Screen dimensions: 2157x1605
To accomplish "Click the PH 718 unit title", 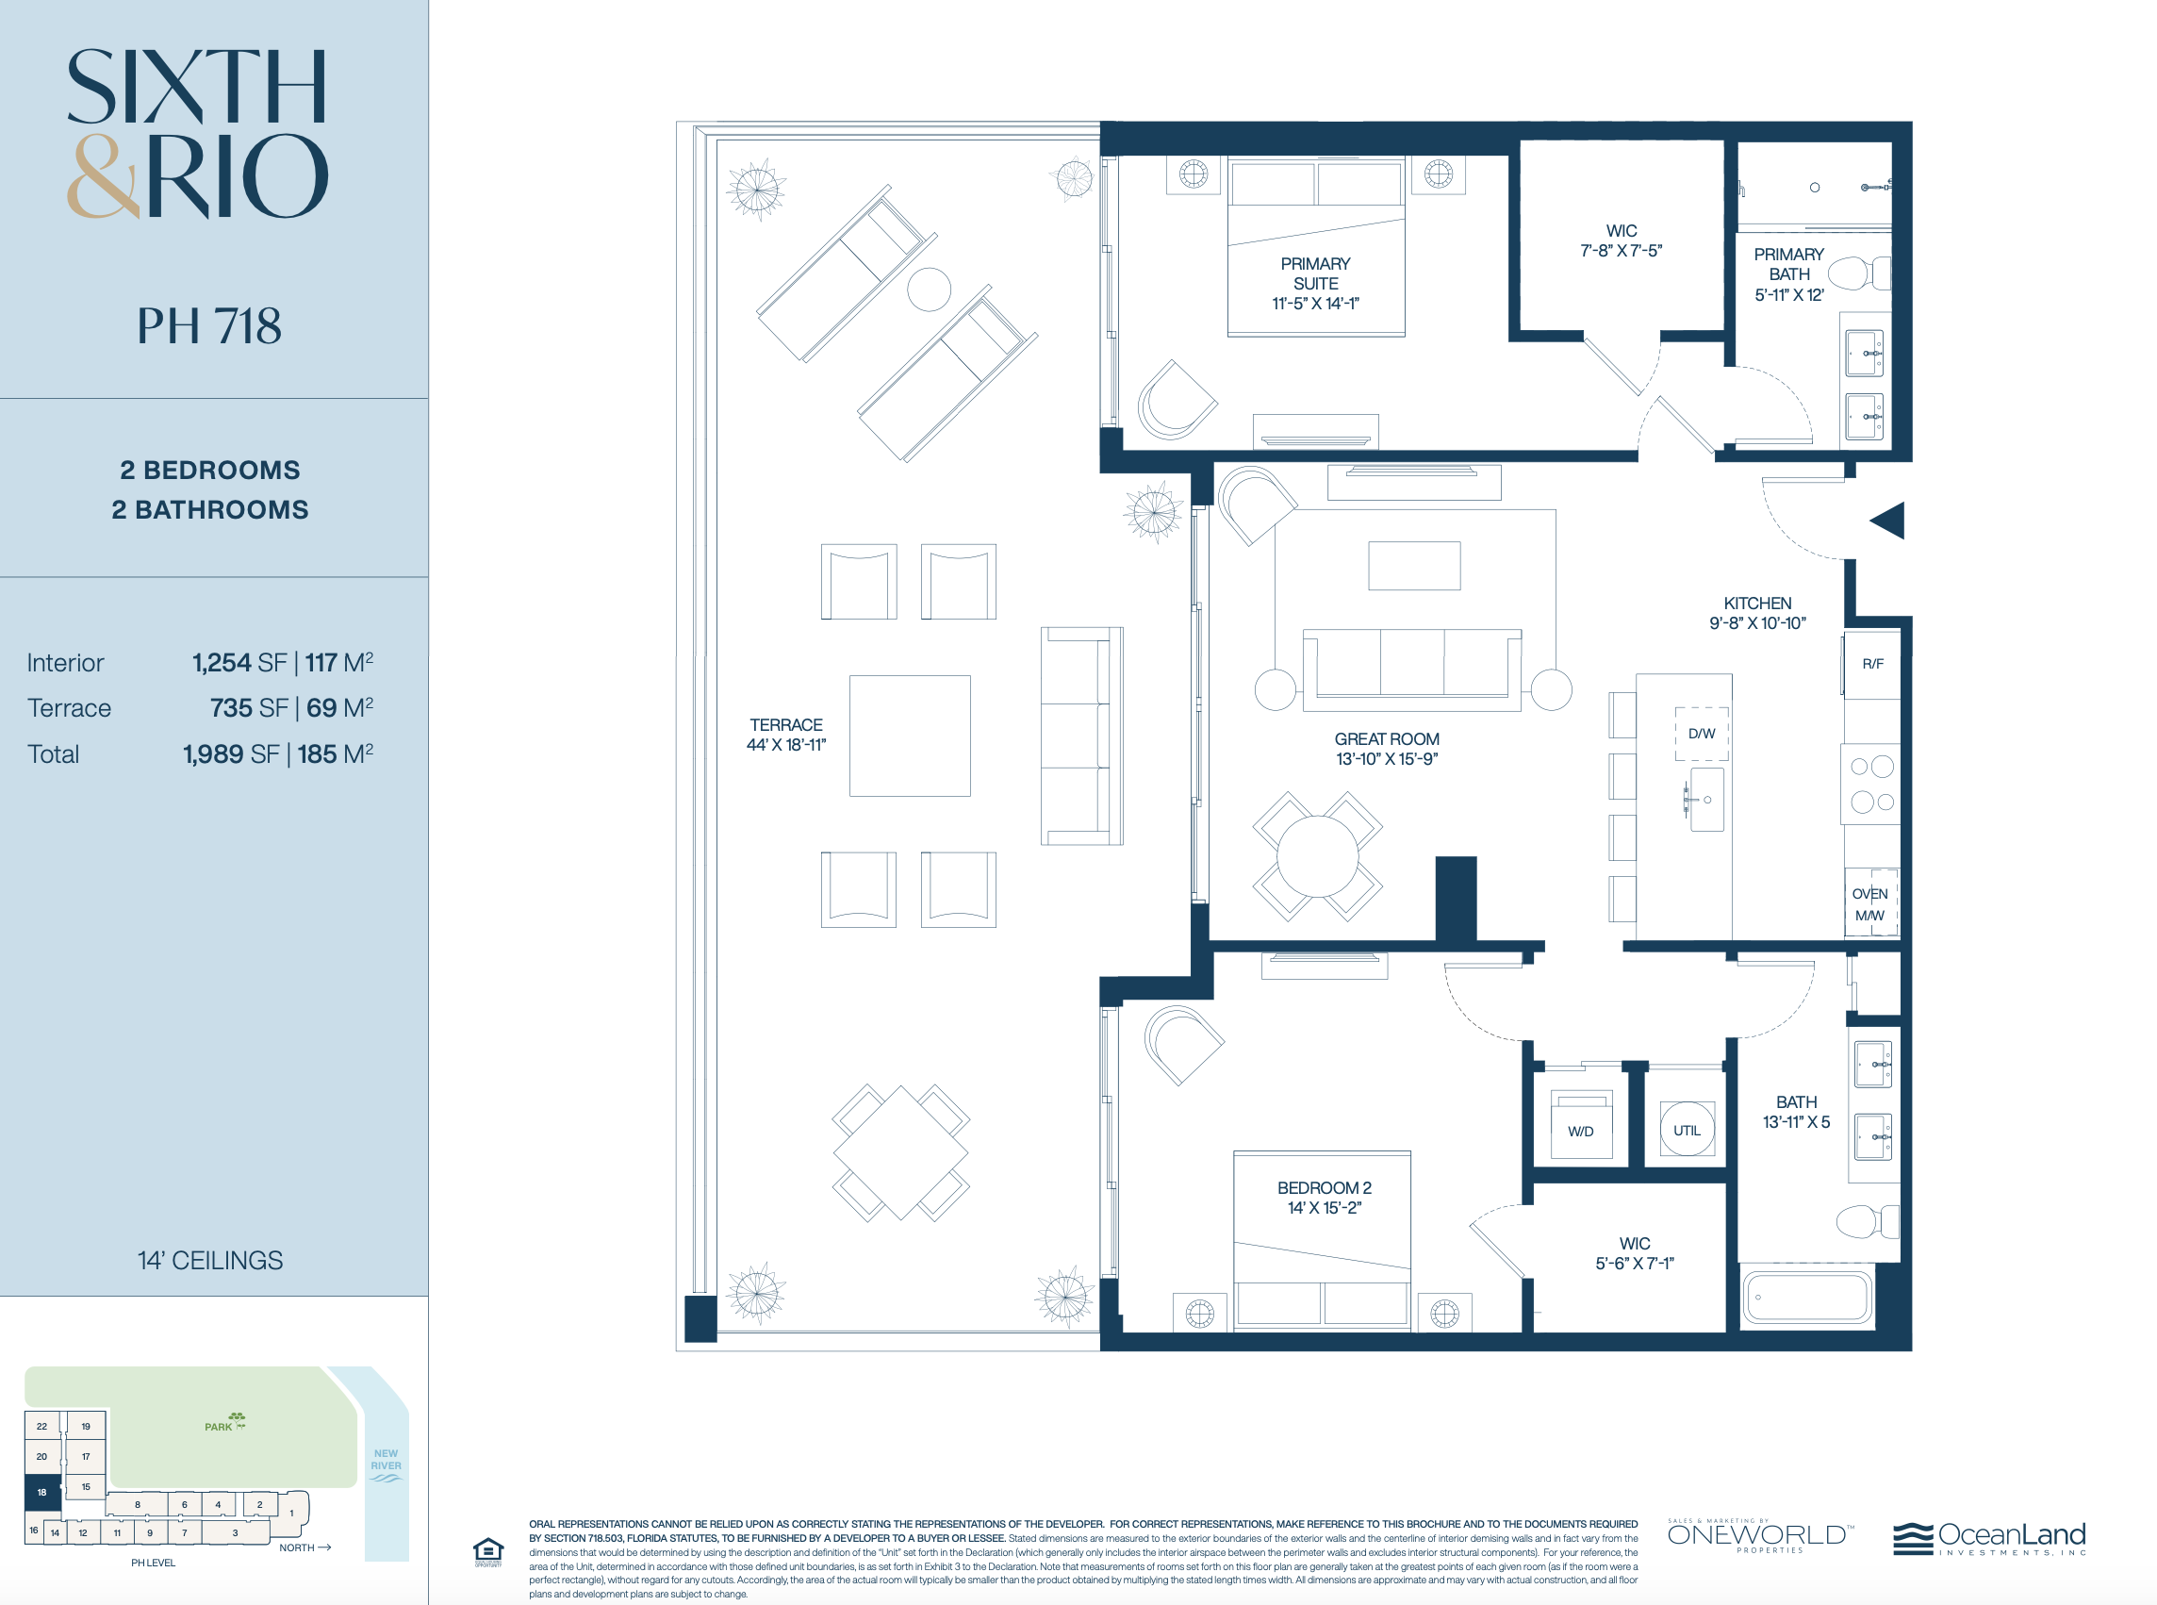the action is click(208, 325).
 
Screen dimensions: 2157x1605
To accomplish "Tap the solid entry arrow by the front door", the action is click(1889, 521).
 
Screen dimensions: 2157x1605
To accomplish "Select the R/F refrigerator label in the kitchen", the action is click(1872, 665).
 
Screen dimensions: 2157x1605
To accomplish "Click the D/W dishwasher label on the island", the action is click(1702, 734).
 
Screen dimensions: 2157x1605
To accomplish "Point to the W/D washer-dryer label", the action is click(1580, 1132).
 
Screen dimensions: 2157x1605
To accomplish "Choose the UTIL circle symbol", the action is click(1687, 1129).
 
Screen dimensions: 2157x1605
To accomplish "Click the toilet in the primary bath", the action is click(1860, 273).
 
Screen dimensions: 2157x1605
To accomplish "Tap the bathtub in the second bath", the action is click(1807, 1296).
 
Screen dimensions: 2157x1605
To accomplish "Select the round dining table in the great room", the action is click(1317, 856).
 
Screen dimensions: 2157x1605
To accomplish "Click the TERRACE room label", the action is click(785, 725).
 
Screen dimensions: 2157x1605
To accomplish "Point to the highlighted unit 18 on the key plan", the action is click(41, 1492).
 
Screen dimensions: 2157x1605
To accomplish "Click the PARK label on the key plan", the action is click(219, 1427).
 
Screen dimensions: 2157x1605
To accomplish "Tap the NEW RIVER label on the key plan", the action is click(386, 1460).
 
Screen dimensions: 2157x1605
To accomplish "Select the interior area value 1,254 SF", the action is click(239, 663).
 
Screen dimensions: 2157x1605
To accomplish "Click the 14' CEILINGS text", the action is click(210, 1260).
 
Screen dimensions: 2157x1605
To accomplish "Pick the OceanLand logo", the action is click(1989, 1538).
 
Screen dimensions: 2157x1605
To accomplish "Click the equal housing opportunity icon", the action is click(487, 1550).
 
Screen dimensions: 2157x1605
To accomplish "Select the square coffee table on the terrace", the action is click(909, 736).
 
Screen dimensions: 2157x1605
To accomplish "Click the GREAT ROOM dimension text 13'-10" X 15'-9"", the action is click(1386, 759).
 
